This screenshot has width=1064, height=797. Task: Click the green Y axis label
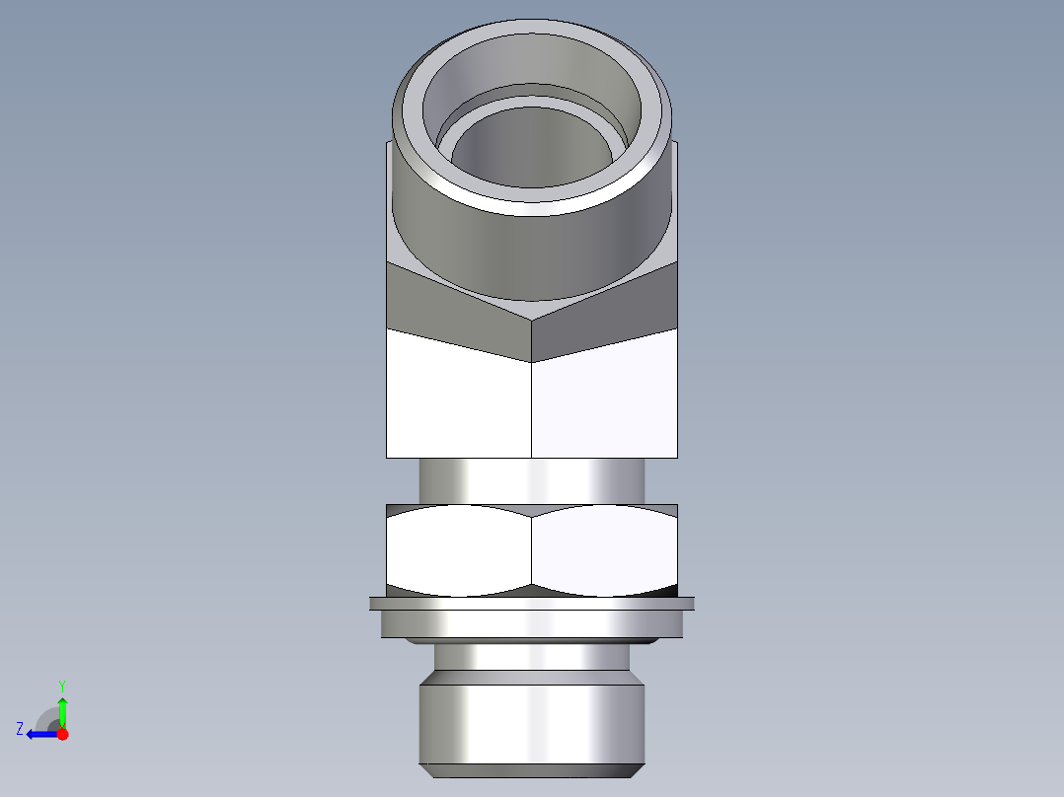coord(61,685)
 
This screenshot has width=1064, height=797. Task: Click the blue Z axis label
coord(20,729)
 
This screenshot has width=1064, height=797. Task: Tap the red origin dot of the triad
coord(62,734)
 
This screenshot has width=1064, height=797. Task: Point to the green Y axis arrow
coord(62,710)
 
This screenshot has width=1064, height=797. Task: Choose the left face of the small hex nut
coord(459,550)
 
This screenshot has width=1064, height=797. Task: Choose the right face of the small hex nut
coord(604,550)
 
